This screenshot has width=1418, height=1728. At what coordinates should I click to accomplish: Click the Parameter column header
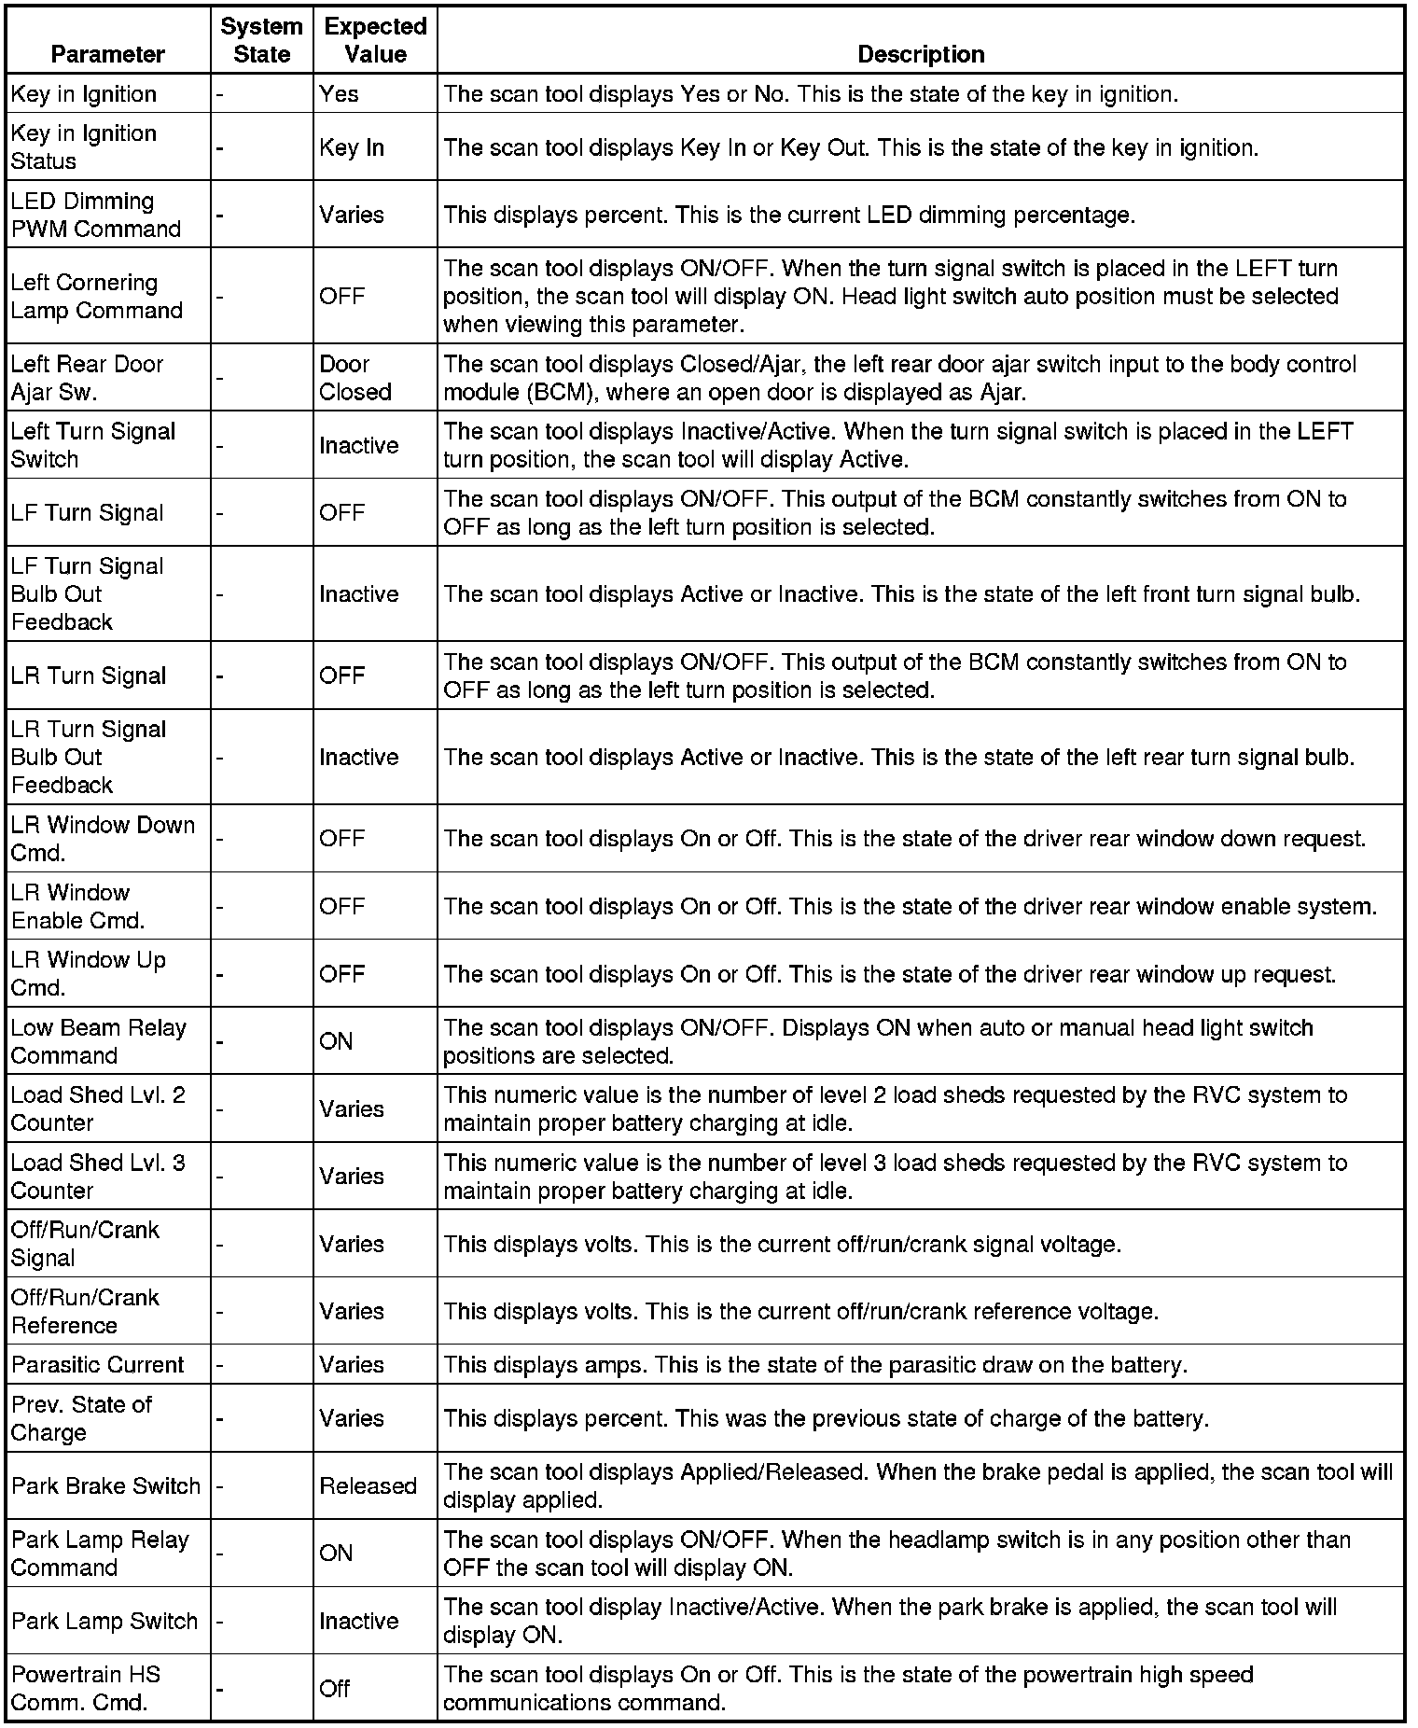(x=108, y=54)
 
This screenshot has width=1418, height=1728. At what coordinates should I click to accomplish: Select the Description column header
(x=920, y=54)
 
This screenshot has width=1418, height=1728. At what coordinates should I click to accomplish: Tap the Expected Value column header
(x=375, y=40)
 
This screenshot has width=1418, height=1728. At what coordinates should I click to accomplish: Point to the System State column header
(x=261, y=40)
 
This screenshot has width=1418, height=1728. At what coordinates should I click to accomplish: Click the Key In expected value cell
(x=352, y=147)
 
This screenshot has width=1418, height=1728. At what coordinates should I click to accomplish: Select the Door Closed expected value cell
(x=354, y=378)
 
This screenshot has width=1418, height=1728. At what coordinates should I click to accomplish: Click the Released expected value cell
(x=368, y=1485)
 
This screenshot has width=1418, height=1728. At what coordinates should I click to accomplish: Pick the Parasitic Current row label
(x=98, y=1364)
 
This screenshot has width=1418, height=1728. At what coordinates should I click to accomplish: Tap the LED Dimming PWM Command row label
(x=96, y=215)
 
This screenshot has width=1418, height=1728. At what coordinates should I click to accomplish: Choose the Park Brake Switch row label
(x=106, y=1485)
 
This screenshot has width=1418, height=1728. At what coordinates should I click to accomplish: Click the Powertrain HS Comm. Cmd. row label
(x=86, y=1688)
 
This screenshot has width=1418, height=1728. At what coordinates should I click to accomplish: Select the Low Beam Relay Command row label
(x=99, y=1041)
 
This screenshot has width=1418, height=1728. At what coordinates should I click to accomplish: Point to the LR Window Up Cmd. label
(x=89, y=973)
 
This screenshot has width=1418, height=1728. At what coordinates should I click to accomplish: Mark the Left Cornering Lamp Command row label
(x=97, y=296)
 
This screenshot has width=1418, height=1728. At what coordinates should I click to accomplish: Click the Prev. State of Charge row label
(x=81, y=1418)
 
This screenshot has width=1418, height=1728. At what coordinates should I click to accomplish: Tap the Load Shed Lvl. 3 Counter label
(x=98, y=1177)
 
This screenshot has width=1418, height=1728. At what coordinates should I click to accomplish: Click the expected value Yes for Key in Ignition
(x=339, y=93)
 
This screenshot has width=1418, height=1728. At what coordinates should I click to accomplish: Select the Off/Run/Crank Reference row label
(x=85, y=1311)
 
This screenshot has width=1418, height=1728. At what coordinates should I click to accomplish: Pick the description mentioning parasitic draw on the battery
(x=815, y=1364)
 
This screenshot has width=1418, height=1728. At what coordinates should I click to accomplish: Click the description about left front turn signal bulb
(x=901, y=593)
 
